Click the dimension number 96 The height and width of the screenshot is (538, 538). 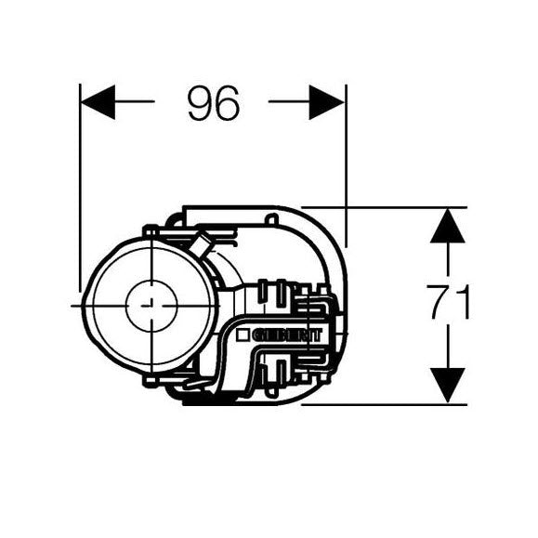pyautogui.click(x=213, y=103)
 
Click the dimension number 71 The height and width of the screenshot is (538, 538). pyautogui.click(x=449, y=304)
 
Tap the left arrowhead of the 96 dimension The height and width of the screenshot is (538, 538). pyautogui.click(x=98, y=102)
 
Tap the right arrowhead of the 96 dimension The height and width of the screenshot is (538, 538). pyautogui.click(x=327, y=102)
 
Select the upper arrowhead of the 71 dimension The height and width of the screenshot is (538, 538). pyautogui.click(x=448, y=226)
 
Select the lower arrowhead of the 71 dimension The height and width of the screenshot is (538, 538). pyautogui.click(x=448, y=385)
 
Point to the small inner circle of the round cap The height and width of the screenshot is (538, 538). pyautogui.click(x=151, y=304)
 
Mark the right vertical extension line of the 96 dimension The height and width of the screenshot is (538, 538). pyautogui.click(x=346, y=158)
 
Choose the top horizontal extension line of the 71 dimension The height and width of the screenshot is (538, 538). pyautogui.click(x=390, y=207)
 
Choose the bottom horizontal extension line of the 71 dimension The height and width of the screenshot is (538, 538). pyautogui.click(x=390, y=404)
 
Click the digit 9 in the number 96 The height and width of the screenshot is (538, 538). pyautogui.click(x=199, y=103)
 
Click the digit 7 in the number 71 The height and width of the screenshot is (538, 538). pyautogui.click(x=440, y=304)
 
